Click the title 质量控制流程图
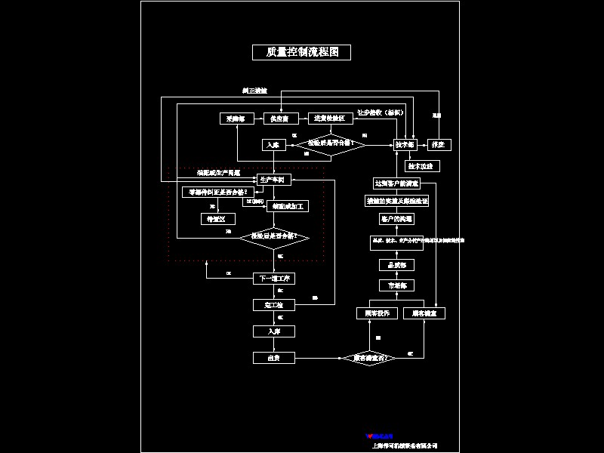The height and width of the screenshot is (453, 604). tap(301, 52)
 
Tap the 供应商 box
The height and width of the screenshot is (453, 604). tap(280, 119)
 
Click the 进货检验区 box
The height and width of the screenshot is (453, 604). tap(330, 119)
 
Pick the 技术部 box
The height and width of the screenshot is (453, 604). tap(405, 143)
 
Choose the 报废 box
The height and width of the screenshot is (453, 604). tap(438, 143)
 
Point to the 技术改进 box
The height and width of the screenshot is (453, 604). tap(422, 165)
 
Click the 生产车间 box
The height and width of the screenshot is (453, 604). tap(272, 180)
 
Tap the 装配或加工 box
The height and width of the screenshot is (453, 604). tap(286, 205)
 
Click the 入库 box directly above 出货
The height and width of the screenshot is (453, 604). tap(273, 331)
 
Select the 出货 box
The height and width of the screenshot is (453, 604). tap(273, 358)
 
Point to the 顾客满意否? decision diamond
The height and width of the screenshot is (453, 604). tap(370, 358)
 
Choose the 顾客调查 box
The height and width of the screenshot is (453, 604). tap(424, 313)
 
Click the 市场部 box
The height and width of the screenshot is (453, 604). tap(396, 285)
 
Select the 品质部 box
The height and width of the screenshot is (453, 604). tap(396, 265)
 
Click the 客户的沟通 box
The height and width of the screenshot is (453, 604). tap(396, 219)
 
